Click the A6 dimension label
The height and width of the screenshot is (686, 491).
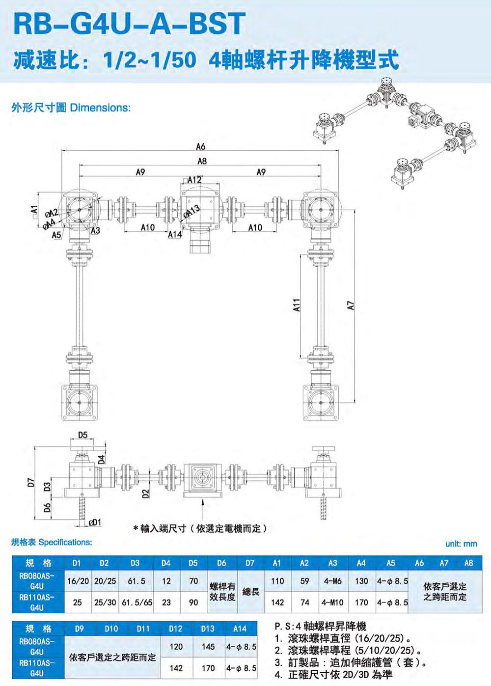pos(201,147)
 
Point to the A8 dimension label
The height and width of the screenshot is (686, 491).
pos(202,161)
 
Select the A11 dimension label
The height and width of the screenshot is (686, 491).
pos(297,305)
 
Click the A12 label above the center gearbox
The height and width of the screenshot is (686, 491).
pos(194,180)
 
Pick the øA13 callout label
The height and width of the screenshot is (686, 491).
pos(191,211)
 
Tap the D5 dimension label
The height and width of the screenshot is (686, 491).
pos(82,435)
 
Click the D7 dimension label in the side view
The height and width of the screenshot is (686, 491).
pos(31,482)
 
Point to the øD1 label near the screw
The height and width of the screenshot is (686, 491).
pos(95,522)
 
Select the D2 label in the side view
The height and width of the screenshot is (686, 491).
pos(146,494)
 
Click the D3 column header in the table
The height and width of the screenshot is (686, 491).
pos(135,563)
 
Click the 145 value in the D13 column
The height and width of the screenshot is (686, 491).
pos(208,647)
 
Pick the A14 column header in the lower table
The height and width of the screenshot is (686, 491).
pos(240,629)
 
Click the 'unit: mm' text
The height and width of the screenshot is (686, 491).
pos(461,544)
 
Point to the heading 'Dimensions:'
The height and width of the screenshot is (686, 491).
pos(101,108)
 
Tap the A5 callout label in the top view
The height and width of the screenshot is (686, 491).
pos(56,235)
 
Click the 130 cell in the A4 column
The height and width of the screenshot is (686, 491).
pos(361,581)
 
